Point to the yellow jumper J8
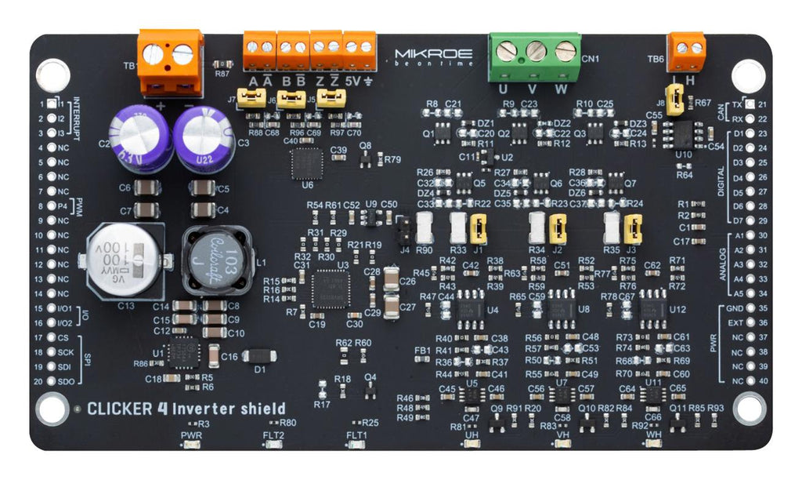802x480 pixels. point(682,96)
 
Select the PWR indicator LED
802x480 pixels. point(190,445)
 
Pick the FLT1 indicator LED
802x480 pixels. point(357,445)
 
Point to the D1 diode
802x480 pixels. point(258,357)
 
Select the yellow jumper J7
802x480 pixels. point(251,97)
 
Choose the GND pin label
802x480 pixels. point(734,308)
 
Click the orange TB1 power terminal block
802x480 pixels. point(170,61)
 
